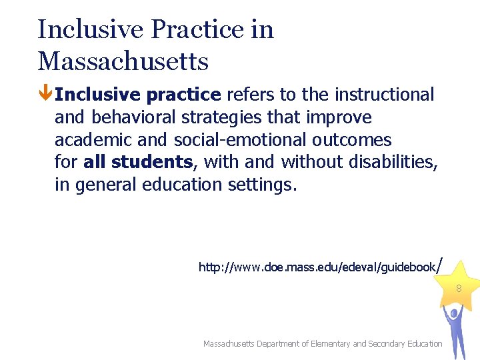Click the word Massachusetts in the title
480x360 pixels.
click(123, 61)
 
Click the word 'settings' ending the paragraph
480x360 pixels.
click(261, 185)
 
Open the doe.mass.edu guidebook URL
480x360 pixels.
click(317, 267)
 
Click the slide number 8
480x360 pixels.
click(459, 289)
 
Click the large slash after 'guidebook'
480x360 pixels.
click(439, 265)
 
